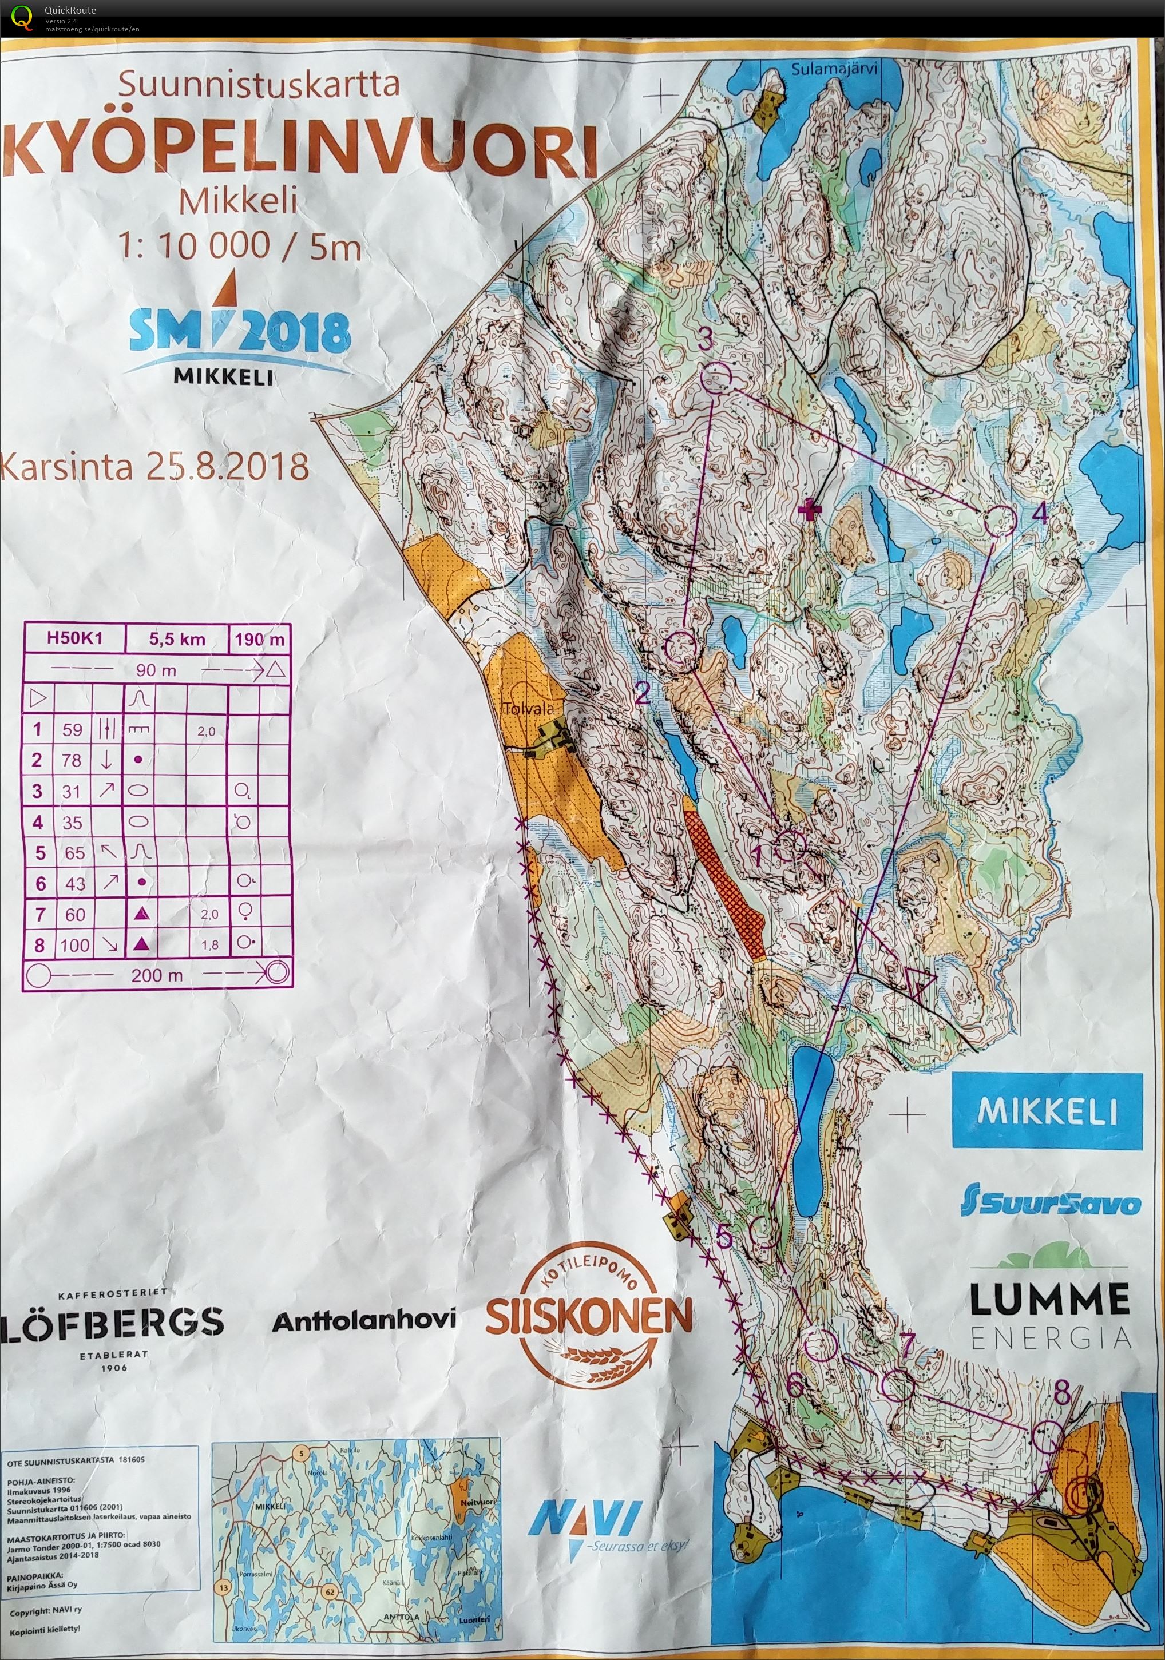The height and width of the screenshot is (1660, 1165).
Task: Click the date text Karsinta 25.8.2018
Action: pyautogui.click(x=156, y=467)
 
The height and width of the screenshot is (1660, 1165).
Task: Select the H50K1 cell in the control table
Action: pyautogui.click(x=74, y=638)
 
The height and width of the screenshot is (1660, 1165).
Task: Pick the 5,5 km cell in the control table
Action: pyautogui.click(x=177, y=638)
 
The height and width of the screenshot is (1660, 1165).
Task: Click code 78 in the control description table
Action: pyautogui.click(x=72, y=760)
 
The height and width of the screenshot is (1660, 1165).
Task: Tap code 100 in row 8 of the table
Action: pyautogui.click(x=74, y=944)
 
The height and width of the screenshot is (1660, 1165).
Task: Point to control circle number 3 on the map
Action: pyautogui.click(x=716, y=378)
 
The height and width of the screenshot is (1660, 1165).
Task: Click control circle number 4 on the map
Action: pyautogui.click(x=1001, y=521)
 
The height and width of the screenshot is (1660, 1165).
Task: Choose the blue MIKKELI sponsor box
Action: pyautogui.click(x=1047, y=1110)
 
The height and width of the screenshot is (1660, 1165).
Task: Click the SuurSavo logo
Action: pyautogui.click(x=1050, y=1201)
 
